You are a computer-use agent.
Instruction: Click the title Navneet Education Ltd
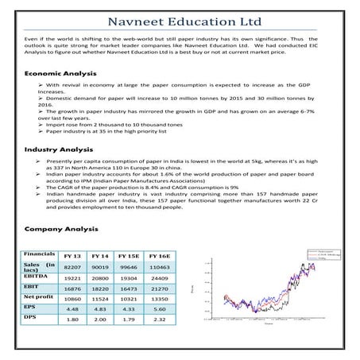180,17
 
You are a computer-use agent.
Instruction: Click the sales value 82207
72,269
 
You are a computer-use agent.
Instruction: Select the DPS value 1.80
72,334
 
